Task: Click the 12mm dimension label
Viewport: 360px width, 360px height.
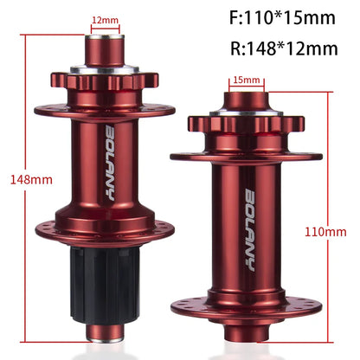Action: (105, 18)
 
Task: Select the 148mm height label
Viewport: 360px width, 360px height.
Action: (17, 180)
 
